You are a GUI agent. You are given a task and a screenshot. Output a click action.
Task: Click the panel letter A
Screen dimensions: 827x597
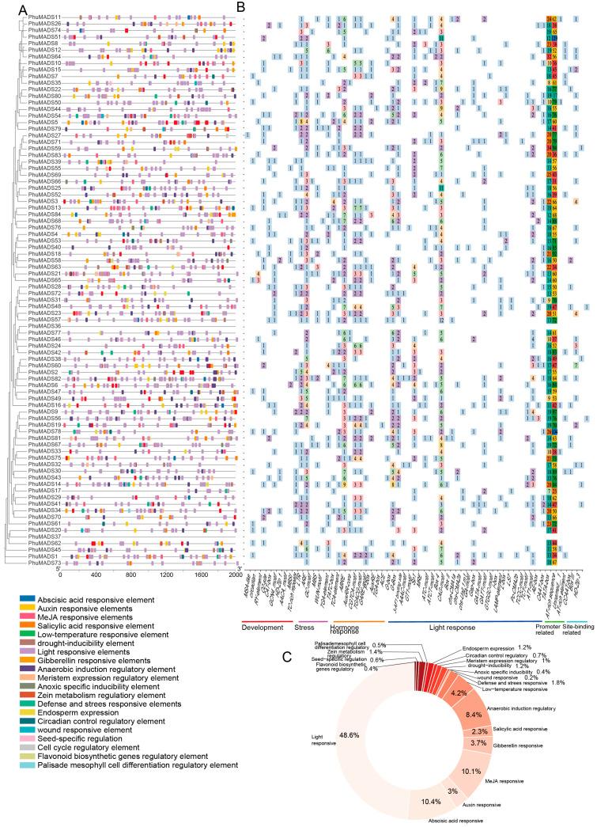(7, 6)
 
